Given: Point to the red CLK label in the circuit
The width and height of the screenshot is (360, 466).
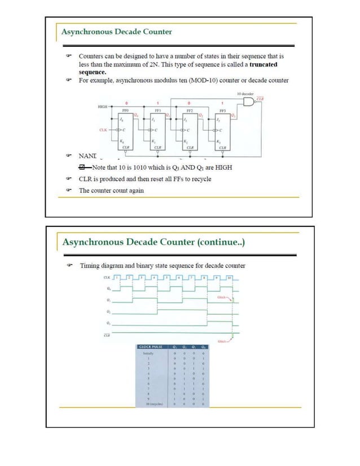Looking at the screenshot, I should [x=103, y=130].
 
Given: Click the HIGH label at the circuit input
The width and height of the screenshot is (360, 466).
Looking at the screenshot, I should [x=103, y=105].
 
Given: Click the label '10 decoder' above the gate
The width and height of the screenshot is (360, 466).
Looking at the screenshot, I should [x=245, y=94].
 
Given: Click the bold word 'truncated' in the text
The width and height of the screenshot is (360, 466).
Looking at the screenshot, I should [x=263, y=64].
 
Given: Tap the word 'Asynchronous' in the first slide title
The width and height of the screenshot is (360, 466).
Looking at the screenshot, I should [x=86, y=32].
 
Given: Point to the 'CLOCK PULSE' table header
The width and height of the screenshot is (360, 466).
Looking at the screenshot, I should [x=151, y=346].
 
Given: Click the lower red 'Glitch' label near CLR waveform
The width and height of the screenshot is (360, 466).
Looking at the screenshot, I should [x=223, y=341].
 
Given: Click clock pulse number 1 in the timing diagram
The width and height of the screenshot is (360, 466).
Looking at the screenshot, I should [x=117, y=278].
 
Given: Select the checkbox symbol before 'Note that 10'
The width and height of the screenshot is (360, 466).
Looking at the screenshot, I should [x=83, y=168].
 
